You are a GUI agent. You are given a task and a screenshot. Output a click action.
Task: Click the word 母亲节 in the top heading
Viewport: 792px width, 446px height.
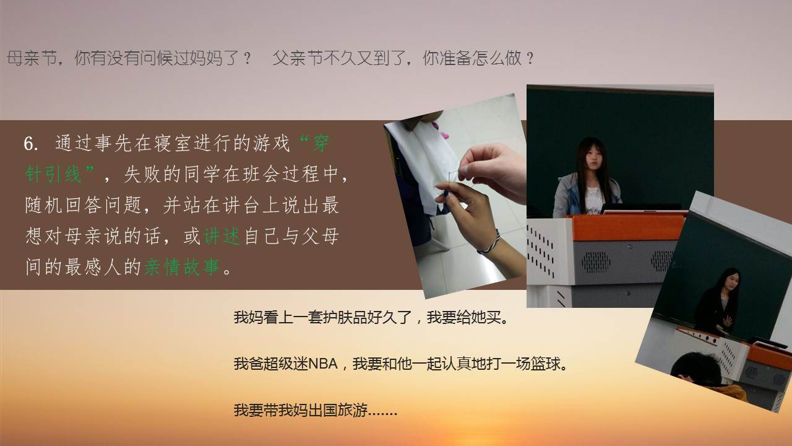[x=32, y=58]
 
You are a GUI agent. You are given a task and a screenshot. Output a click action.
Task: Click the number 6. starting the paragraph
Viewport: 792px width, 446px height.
[x=31, y=144]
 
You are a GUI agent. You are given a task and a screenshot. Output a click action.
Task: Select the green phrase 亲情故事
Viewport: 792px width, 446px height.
[x=183, y=267]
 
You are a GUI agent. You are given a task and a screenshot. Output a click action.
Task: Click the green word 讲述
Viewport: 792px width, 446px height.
[x=222, y=236]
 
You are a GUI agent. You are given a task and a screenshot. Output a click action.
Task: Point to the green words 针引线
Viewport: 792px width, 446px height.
[x=54, y=174]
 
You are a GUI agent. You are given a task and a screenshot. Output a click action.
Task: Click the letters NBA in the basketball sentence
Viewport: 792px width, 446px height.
[x=323, y=364]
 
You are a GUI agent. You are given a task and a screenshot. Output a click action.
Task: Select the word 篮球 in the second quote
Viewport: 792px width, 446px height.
[x=546, y=364]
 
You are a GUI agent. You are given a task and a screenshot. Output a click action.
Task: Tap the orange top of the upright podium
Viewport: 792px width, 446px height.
[x=627, y=227]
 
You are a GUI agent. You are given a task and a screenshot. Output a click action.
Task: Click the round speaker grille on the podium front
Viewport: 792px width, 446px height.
[x=596, y=262]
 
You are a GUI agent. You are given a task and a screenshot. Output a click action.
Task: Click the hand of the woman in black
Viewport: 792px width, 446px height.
[x=727, y=321]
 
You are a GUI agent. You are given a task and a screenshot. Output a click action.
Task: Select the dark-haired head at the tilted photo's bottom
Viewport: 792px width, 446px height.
[x=695, y=370]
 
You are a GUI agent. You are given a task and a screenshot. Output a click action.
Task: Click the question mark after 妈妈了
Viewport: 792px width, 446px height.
[x=247, y=58]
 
